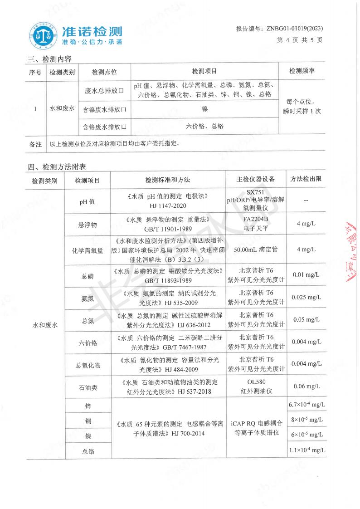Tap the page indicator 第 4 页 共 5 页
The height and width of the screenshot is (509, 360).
[x=300, y=40]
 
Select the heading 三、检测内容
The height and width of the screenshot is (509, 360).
[x=49, y=59]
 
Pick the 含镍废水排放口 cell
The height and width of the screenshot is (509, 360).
[x=104, y=110]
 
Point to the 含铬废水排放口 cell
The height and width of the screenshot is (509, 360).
[x=104, y=127]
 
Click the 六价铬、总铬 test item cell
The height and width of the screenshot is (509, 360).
[x=204, y=127]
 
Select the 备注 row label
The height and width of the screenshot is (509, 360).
[x=35, y=144]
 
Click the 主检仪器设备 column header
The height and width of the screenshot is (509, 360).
[x=256, y=180]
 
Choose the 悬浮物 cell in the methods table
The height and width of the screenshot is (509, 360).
[x=88, y=224]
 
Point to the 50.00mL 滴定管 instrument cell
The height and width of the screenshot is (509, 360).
[x=256, y=250]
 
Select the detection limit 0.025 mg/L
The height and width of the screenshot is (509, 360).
[x=306, y=298]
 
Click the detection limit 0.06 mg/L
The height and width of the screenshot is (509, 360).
[x=306, y=386]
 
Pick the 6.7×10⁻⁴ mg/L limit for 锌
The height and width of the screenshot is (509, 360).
[x=307, y=405]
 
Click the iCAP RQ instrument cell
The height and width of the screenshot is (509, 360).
[x=256, y=428]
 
